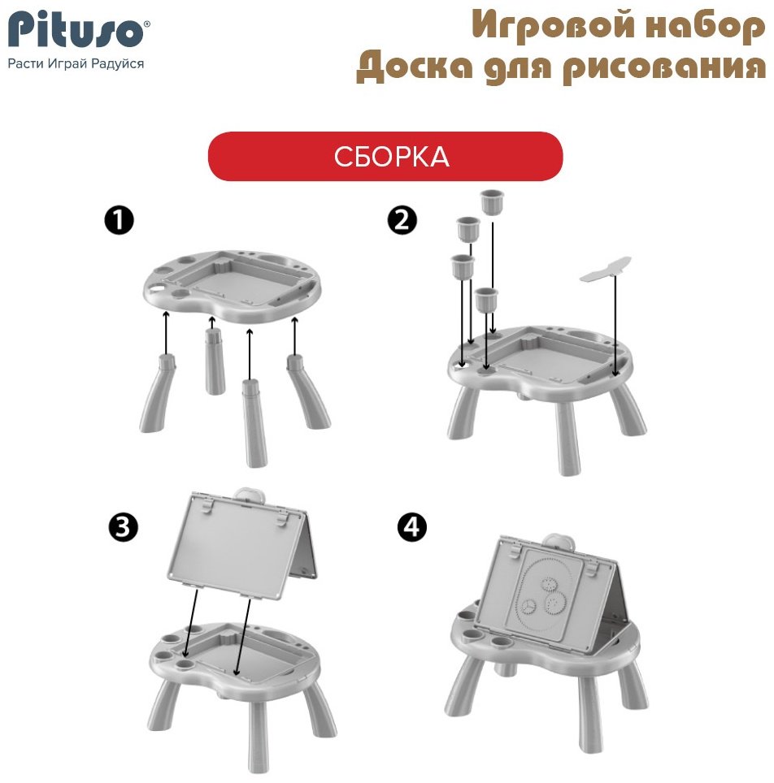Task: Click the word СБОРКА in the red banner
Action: [391, 157]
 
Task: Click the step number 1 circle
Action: [120, 221]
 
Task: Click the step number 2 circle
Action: [402, 221]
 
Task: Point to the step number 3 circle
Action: [123, 528]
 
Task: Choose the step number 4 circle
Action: [411, 528]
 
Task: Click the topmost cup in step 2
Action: [492, 201]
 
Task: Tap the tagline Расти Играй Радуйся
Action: [76, 63]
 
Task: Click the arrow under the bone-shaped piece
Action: [615, 325]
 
